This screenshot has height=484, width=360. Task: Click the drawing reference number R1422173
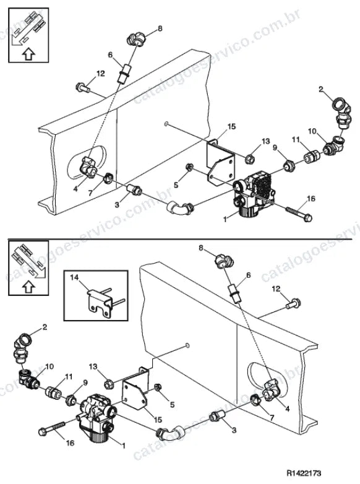click(x=304, y=473)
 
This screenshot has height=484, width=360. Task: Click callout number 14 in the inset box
click(x=74, y=277)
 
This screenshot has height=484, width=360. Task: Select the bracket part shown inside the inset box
click(x=101, y=303)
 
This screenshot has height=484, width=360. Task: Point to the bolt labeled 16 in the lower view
click(x=53, y=428)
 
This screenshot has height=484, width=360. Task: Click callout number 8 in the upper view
click(x=160, y=28)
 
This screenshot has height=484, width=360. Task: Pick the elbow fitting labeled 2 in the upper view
click(x=342, y=112)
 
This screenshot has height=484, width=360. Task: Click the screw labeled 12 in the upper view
click(x=83, y=87)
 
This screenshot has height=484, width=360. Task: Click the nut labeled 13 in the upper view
click(x=249, y=159)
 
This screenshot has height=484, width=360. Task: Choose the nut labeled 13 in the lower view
click(x=109, y=384)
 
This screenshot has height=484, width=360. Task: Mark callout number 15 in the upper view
click(x=231, y=126)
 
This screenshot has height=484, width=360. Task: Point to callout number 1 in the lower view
click(x=124, y=446)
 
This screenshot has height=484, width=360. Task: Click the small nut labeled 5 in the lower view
click(x=157, y=387)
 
